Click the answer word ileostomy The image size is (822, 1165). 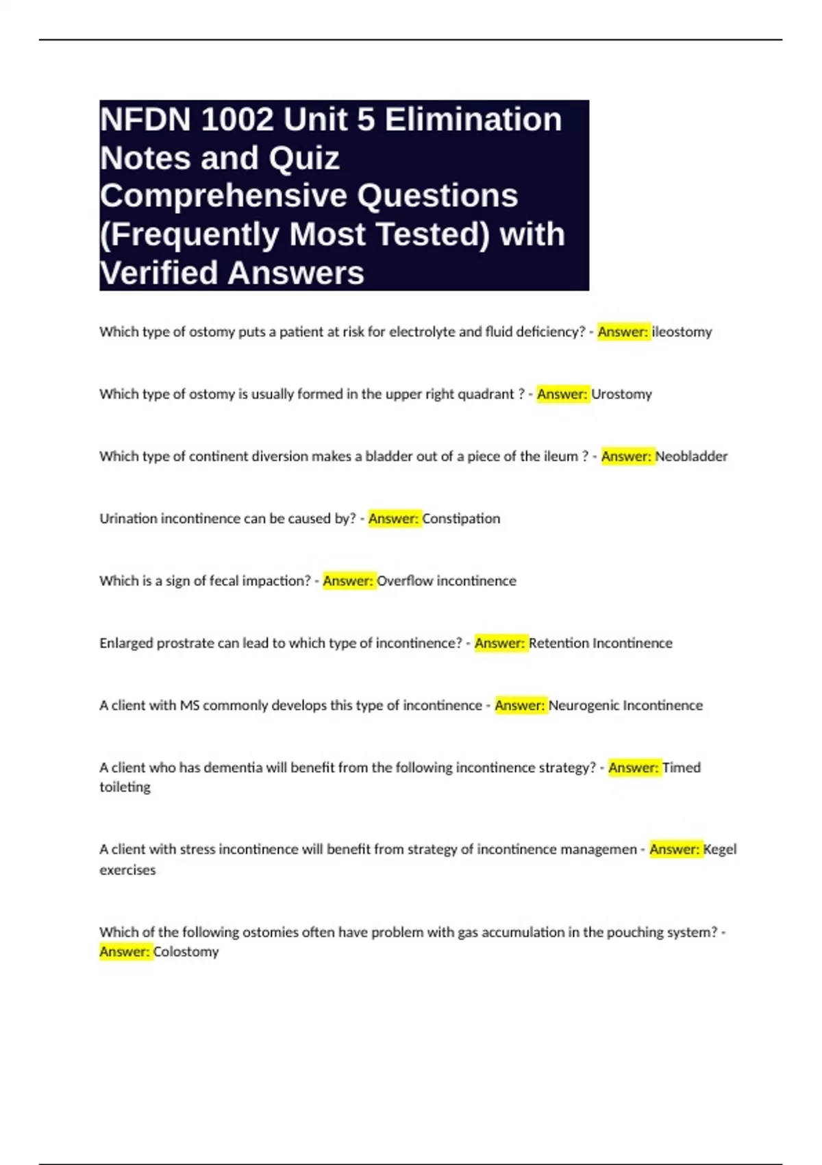coord(682,332)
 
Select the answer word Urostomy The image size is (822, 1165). coord(621,394)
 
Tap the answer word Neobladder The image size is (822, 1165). coord(691,456)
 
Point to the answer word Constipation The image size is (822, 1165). coord(461,519)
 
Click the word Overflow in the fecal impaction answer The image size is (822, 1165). coord(405,581)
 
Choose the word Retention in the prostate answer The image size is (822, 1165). coord(559,643)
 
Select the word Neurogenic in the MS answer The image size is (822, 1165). coord(584,706)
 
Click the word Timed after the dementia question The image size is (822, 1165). coord(682,768)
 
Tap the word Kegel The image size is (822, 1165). coord(720,850)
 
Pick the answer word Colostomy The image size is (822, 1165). coord(186,952)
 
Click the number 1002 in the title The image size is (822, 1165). coord(237,120)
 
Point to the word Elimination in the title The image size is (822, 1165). coord(473,120)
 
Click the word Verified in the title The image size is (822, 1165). coord(159,273)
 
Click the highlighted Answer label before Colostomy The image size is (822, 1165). coord(125,952)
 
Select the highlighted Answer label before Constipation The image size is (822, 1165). coord(394,519)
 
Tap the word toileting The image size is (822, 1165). coord(125,787)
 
